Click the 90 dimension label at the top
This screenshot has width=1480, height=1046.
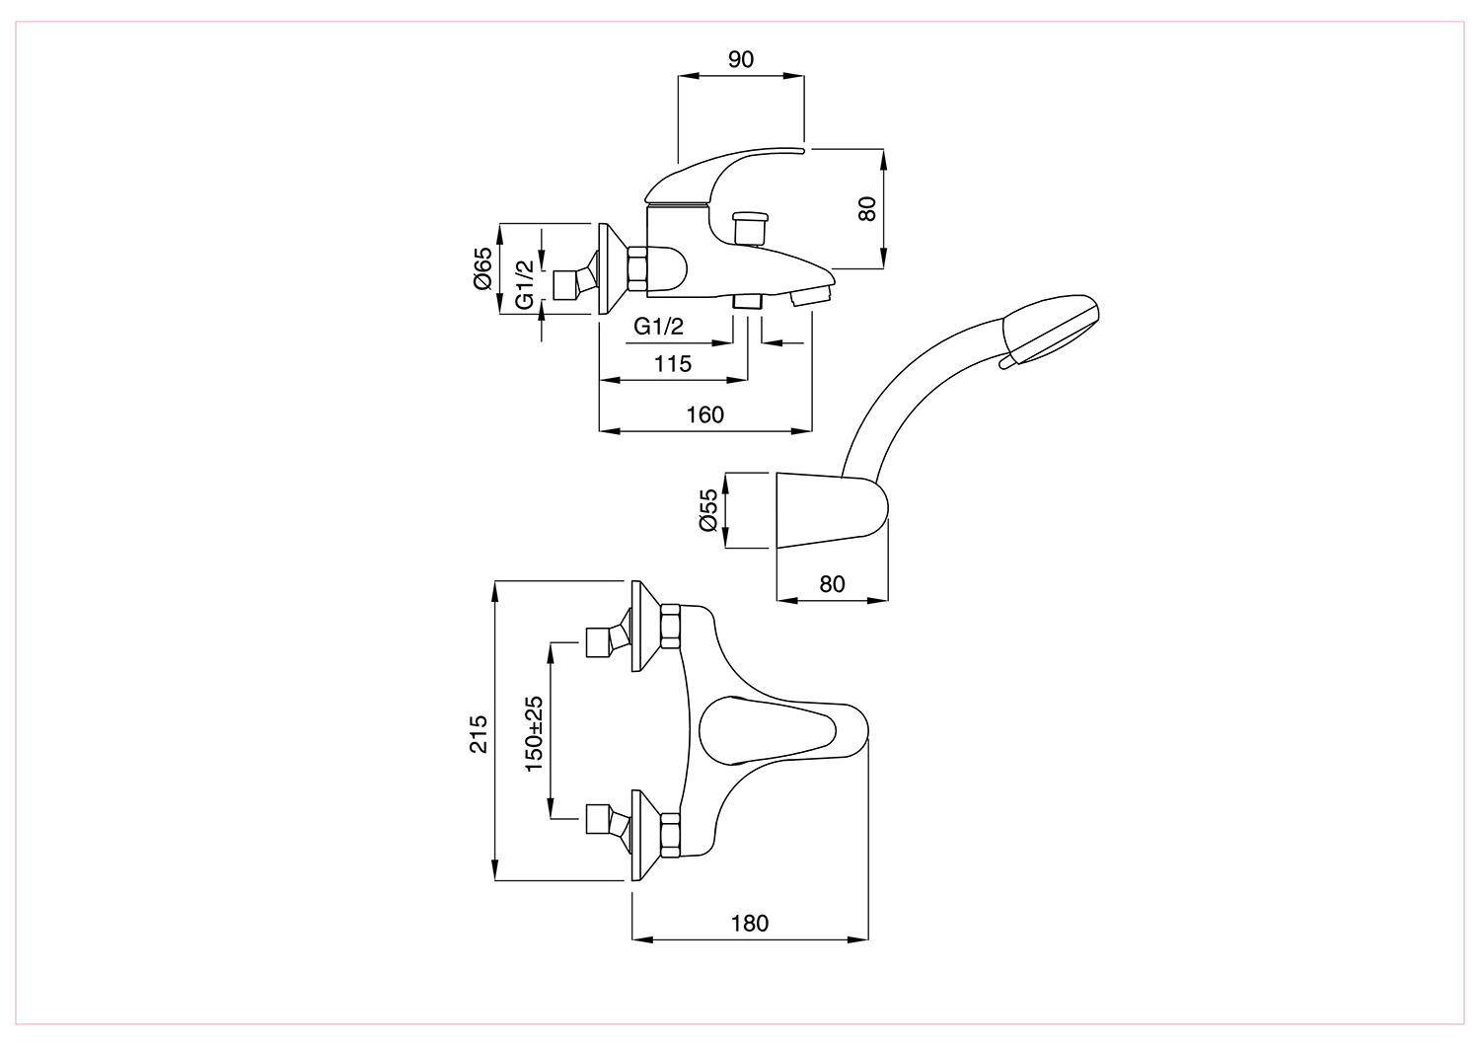coord(740,59)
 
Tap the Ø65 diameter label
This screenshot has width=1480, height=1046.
coord(483,267)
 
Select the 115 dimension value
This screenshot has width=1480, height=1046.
coord(673,363)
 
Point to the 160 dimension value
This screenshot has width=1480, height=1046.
coord(705,414)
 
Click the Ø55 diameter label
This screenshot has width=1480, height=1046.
coord(707,509)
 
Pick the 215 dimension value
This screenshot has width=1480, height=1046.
coord(478,733)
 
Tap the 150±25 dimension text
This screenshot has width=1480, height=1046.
coord(533,733)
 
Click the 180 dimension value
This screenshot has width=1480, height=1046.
coord(750,923)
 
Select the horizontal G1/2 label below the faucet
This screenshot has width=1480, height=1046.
coord(658,326)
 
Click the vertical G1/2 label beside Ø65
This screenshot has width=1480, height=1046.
coord(525,284)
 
